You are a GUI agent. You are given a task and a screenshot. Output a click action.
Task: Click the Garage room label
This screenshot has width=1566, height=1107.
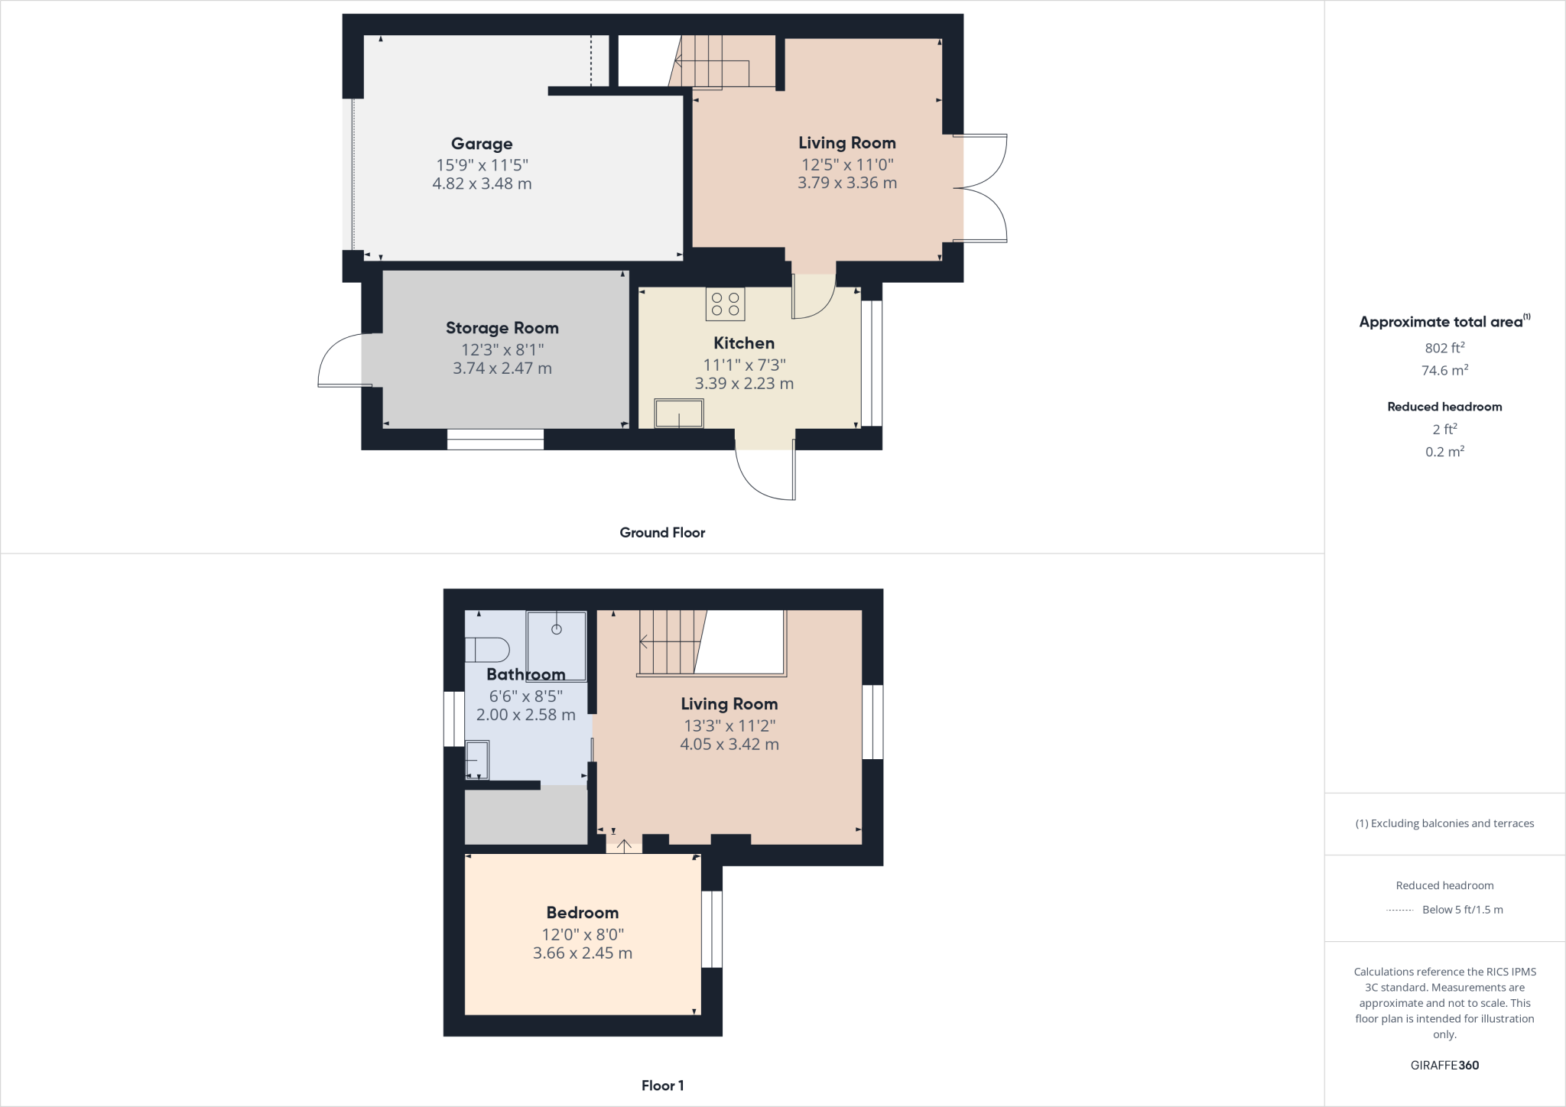click(482, 144)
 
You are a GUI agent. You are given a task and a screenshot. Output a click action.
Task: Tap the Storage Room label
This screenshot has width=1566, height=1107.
click(502, 328)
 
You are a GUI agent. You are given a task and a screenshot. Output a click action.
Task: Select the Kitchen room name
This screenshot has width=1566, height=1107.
click(744, 343)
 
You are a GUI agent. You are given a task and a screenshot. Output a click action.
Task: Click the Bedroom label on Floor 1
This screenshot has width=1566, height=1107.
click(583, 913)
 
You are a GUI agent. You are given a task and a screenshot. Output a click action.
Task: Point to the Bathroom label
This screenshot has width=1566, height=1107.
click(526, 674)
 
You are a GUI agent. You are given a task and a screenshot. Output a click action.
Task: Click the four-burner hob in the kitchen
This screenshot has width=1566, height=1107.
click(725, 304)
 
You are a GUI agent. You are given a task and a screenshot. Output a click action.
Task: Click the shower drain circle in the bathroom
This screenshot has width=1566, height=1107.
click(557, 629)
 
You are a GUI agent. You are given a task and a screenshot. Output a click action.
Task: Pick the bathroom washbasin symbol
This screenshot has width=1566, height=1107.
click(478, 759)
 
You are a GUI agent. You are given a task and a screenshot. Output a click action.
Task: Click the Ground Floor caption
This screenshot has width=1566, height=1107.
click(662, 533)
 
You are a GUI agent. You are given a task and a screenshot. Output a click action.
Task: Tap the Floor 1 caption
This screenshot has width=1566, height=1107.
click(662, 1086)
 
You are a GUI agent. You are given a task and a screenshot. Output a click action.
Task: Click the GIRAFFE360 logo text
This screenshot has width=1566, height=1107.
click(1444, 1065)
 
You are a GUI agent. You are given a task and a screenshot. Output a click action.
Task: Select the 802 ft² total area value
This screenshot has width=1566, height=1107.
click(1444, 348)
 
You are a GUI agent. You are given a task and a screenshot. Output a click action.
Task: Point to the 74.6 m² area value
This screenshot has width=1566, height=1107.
click(1444, 371)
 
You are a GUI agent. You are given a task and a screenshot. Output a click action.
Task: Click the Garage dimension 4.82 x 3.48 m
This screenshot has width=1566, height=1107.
click(482, 183)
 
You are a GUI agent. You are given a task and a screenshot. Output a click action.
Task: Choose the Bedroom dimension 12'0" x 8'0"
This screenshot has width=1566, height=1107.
click(583, 934)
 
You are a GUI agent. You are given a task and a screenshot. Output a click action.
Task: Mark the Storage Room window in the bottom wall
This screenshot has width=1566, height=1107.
click(495, 439)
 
